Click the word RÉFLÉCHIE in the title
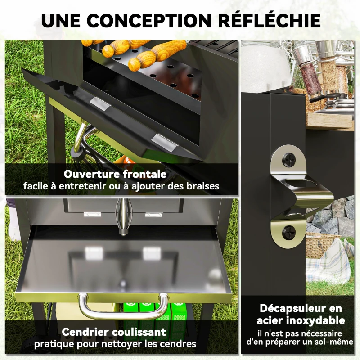coord(269,20)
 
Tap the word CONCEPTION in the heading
coord(149,21)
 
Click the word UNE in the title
coord(61,21)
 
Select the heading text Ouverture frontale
coord(115,174)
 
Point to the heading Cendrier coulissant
coord(114,332)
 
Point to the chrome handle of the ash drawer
coord(123,306)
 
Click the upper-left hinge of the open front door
coord(100,103)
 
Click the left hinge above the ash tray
coord(92,215)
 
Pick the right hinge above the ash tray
coord(154,215)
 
